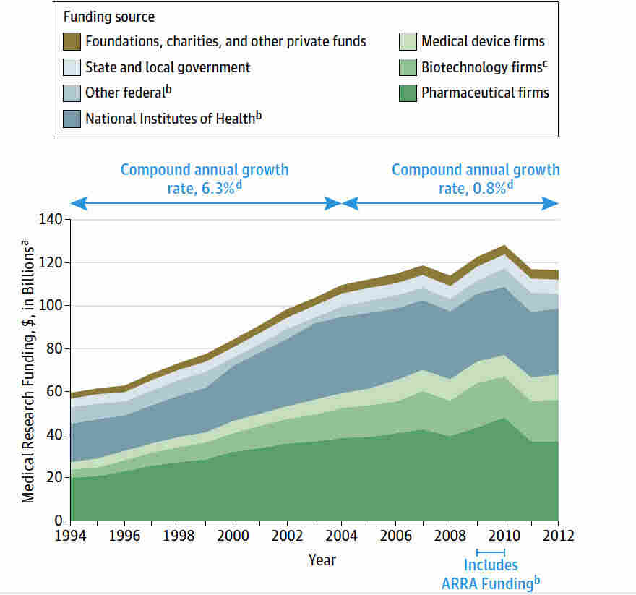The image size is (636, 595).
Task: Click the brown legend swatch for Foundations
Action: point(72,42)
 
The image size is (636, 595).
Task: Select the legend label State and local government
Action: point(168,67)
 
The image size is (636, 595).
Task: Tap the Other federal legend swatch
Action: point(72,93)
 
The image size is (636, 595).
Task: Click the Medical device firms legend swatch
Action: point(408,42)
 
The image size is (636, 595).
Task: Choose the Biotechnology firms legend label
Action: point(482,67)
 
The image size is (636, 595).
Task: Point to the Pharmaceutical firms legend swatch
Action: point(408,93)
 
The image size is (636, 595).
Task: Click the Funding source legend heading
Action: point(109,17)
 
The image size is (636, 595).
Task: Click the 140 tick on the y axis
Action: point(53,219)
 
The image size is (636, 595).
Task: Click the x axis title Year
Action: point(322,560)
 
